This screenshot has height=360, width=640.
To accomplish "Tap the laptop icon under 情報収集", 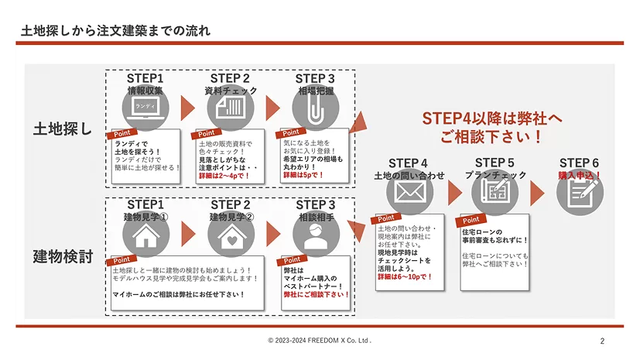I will pos(145,108).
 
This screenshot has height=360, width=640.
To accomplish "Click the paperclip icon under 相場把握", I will pos(314,108).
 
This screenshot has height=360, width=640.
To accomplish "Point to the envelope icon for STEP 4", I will pos(408,194).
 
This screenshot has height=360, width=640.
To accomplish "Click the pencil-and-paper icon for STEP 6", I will pos(580,193).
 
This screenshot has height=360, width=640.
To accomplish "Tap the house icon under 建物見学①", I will pos(145,237).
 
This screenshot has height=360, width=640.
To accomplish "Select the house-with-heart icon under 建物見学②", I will pos(231,237).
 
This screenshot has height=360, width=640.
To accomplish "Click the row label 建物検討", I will pos(62,255).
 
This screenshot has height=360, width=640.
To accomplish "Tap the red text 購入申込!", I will pos(580,176).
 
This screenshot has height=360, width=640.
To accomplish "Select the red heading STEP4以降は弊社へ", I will pos(492,118).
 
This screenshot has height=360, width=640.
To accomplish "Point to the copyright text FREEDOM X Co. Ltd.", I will pos(320,341).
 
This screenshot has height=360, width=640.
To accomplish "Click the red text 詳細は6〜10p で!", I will pos(405,276).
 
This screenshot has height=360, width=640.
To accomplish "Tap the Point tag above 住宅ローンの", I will pos(472,220).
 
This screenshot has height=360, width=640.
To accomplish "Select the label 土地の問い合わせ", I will pos(408,176).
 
